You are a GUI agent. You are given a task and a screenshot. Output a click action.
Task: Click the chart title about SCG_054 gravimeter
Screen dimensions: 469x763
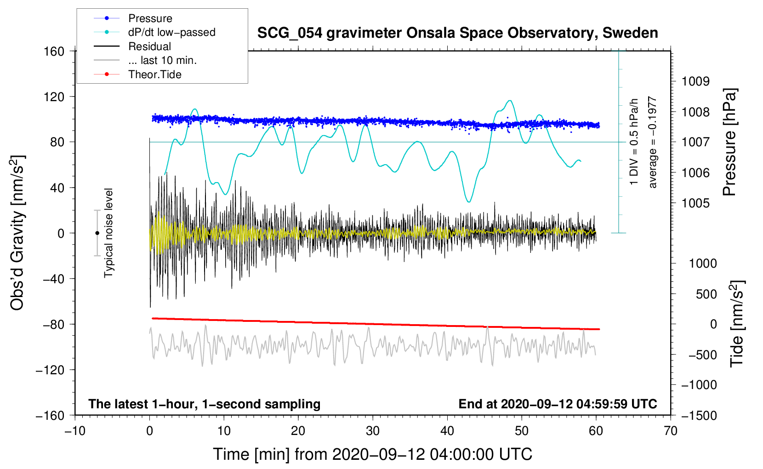click(457, 33)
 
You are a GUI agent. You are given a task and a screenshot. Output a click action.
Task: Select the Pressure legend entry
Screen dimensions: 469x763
click(150, 18)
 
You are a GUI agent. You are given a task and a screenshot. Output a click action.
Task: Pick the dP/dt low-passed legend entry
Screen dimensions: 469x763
click(171, 32)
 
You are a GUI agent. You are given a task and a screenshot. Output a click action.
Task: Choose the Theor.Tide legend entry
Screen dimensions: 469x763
click(154, 74)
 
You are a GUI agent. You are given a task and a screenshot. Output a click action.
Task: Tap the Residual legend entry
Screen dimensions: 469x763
click(149, 46)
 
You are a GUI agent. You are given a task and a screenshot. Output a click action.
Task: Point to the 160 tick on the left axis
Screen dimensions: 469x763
click(54, 51)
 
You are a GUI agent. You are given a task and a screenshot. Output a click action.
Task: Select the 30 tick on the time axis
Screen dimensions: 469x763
click(373, 431)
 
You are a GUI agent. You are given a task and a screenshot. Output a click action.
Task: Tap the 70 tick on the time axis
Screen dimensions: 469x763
click(671, 431)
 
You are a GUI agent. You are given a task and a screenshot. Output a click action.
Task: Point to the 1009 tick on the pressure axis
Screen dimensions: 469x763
click(695, 81)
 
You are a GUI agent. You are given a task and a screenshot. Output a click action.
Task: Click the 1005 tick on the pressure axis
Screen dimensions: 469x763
click(695, 203)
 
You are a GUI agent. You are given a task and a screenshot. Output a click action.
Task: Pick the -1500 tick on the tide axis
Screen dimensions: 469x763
click(699, 415)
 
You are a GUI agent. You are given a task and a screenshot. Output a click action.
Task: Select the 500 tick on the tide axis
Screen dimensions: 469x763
click(706, 294)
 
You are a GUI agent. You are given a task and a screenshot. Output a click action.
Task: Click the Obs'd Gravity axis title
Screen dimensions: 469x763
click(17, 233)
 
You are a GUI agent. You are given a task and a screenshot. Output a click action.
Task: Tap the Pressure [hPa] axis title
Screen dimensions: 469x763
click(730, 142)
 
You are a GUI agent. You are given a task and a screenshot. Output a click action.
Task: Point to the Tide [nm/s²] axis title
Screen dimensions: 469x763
click(737, 324)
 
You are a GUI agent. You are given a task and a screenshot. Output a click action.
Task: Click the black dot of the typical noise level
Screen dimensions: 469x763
click(97, 233)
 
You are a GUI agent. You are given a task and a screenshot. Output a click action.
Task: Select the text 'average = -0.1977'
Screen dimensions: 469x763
click(653, 142)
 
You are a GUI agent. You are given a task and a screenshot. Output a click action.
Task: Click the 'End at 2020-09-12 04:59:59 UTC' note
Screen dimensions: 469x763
click(558, 404)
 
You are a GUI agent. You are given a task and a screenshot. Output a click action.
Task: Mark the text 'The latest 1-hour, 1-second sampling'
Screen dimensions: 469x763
click(205, 404)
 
